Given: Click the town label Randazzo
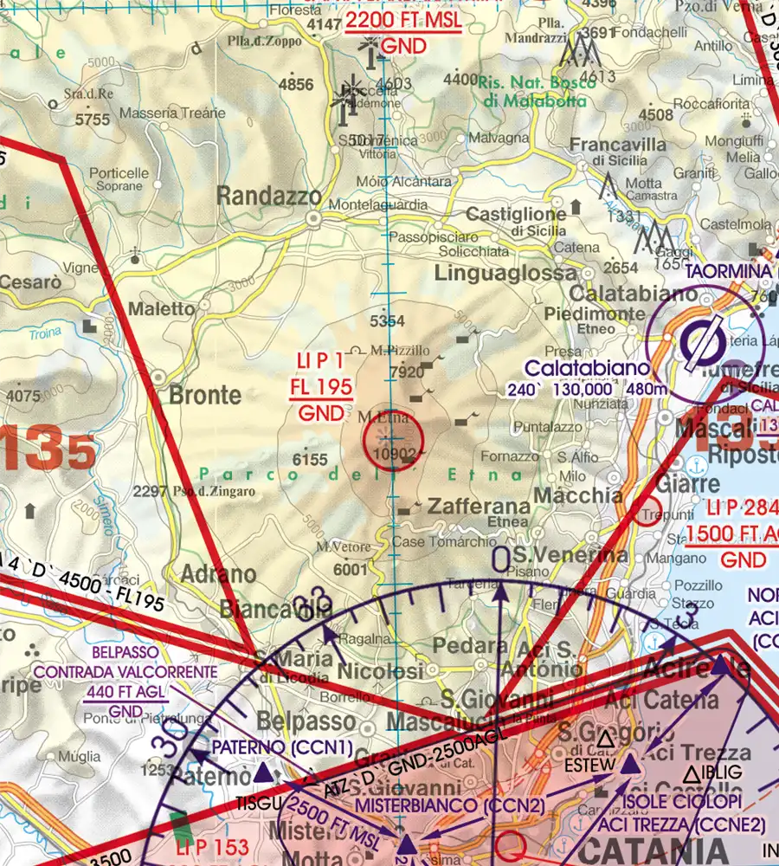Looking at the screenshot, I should click(x=268, y=197).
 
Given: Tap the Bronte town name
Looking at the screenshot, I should click(x=205, y=396).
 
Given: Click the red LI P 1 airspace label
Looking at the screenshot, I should click(x=320, y=361).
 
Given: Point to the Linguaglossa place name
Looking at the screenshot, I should click(x=493, y=275).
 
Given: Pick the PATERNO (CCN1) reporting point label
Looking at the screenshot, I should click(x=282, y=746).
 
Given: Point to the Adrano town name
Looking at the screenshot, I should click(x=219, y=574).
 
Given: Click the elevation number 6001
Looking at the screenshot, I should click(x=350, y=569).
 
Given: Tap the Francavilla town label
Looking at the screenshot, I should click(x=618, y=144).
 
